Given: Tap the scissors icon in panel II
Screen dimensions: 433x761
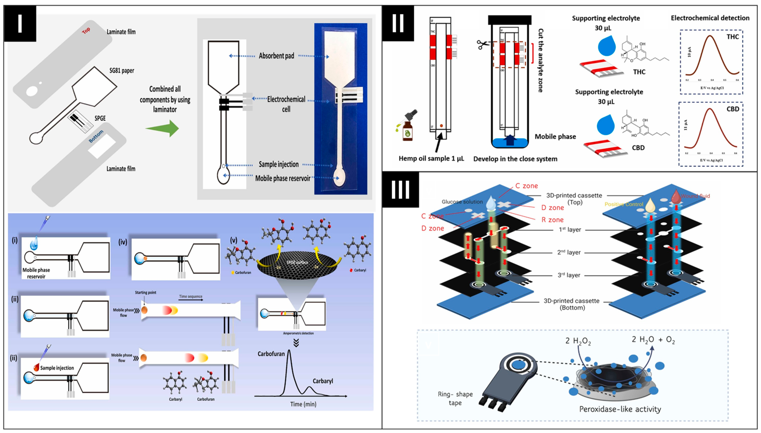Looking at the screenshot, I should [483, 45].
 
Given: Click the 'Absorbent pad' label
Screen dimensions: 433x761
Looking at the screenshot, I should [276, 56].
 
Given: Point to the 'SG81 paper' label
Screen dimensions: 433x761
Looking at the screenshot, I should [122, 70].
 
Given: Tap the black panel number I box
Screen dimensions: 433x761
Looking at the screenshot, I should [20, 23].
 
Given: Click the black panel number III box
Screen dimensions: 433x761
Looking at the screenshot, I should [400, 190].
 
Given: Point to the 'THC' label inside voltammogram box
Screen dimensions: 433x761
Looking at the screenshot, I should [732, 37].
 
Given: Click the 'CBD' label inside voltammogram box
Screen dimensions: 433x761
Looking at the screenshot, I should [732, 109].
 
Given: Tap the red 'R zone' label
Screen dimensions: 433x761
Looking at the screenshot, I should [552, 220].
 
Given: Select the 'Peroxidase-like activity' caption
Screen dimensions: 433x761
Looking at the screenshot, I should [620, 409].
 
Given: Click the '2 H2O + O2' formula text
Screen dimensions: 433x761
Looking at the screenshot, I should [653, 340].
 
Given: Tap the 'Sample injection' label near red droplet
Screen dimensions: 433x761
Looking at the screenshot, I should [57, 368].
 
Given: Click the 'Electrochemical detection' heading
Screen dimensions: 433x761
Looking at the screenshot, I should [710, 18].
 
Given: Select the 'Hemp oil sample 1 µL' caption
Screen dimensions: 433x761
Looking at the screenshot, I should [431, 158].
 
